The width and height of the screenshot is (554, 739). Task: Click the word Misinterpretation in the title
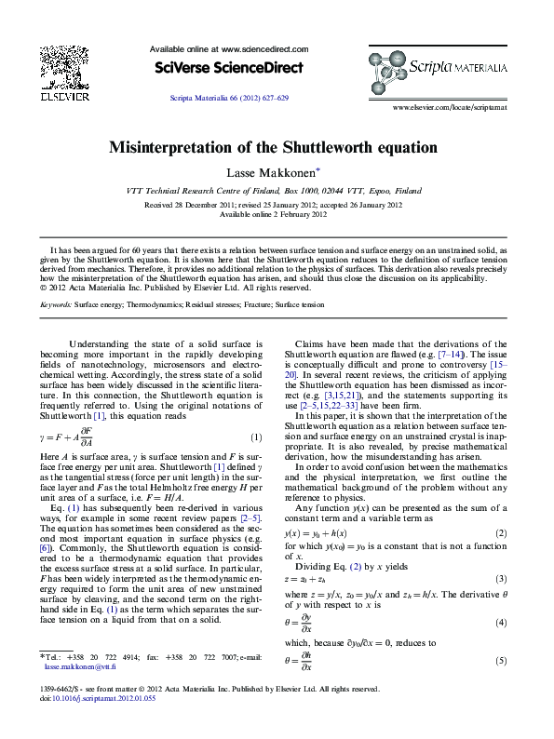point(182,147)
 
